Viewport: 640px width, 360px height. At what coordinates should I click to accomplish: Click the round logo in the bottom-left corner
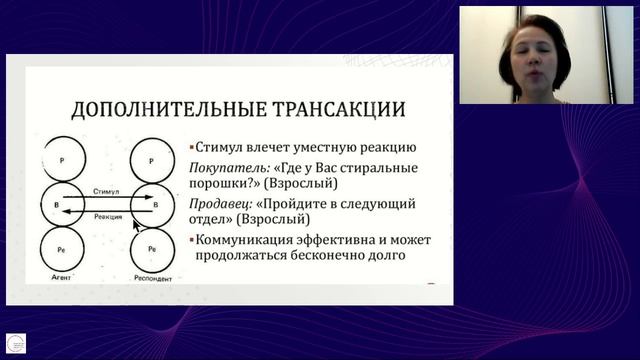16,343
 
